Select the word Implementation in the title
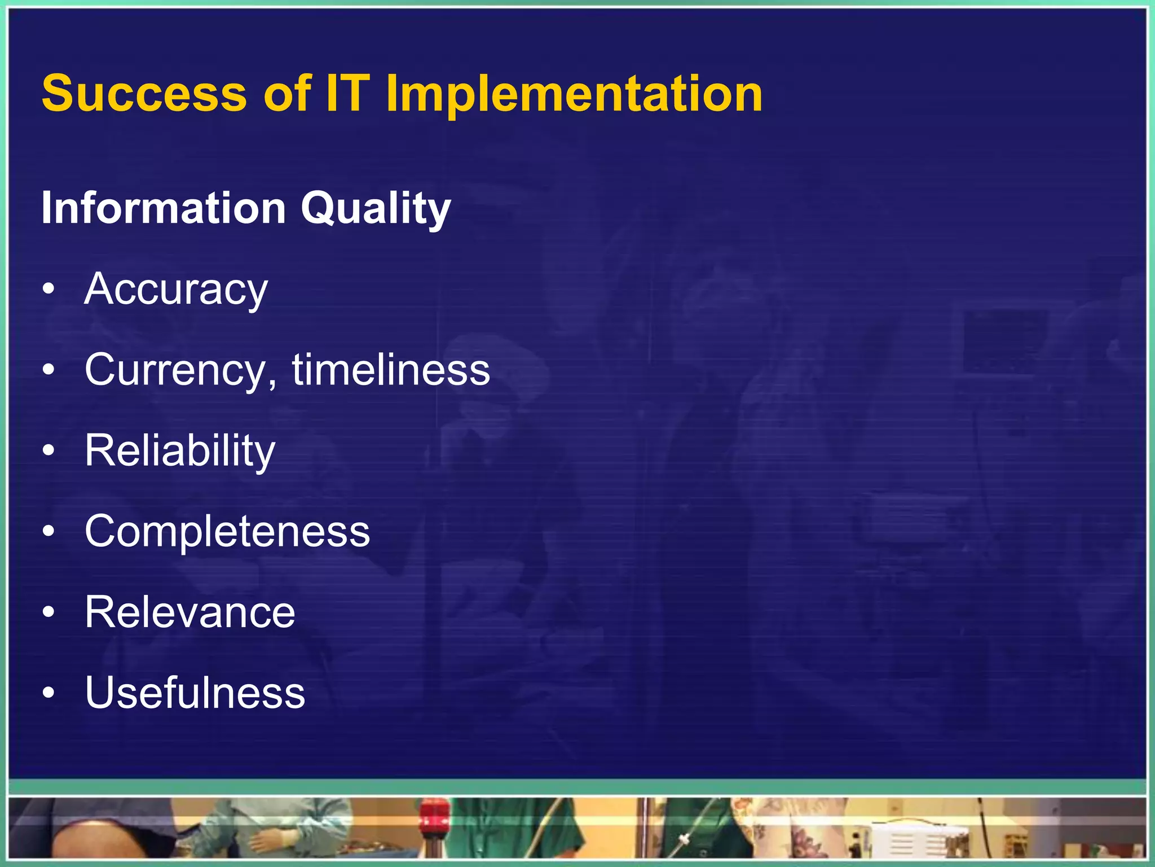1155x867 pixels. (x=574, y=95)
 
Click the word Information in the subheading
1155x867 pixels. (x=164, y=208)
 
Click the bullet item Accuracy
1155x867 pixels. (x=176, y=290)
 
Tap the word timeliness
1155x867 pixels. (x=391, y=370)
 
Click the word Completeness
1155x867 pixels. (x=227, y=532)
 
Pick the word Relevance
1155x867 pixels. (x=190, y=612)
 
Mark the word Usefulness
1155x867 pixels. (x=195, y=693)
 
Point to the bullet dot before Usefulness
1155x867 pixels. (x=49, y=693)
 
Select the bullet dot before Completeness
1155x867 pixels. (x=49, y=532)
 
